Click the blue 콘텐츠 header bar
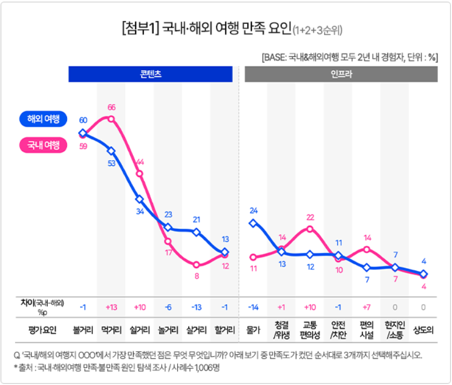[x=150, y=74]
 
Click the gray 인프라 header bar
[x=341, y=74]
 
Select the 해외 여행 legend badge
[x=43, y=119]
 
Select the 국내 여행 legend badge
[x=43, y=145]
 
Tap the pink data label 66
[x=111, y=107]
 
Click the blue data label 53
[x=111, y=163]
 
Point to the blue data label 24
[x=254, y=211]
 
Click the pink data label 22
[x=310, y=217]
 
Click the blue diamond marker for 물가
[x=254, y=223]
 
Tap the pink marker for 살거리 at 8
[x=197, y=264]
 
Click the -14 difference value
[x=254, y=307]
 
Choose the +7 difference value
[x=367, y=307]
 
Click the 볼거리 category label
[x=83, y=331]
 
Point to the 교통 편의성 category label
[x=310, y=330]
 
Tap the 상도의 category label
[x=424, y=331]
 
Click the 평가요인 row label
[x=43, y=331]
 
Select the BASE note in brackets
[x=350, y=57]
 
